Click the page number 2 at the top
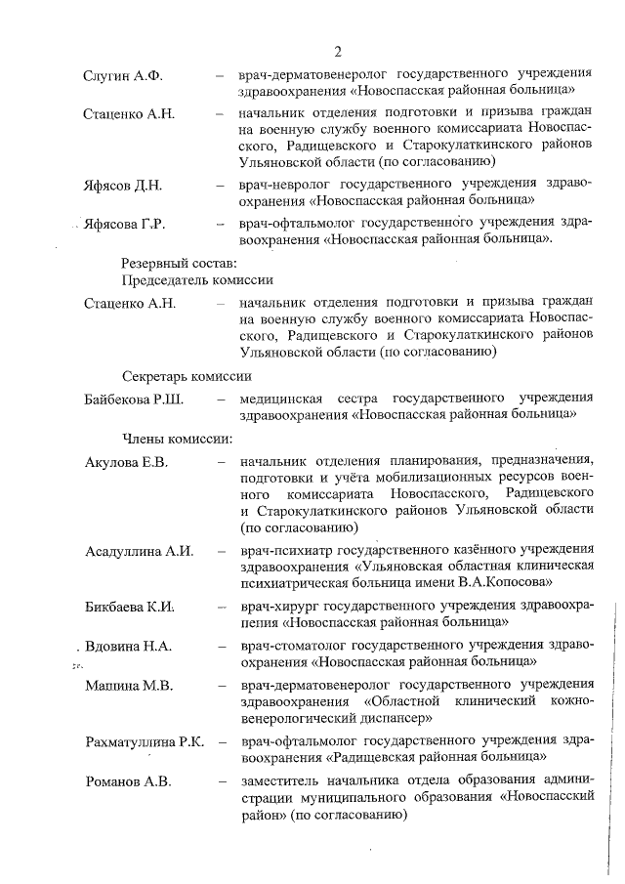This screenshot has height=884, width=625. pyautogui.click(x=337, y=52)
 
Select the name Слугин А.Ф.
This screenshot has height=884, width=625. pyautogui.click(x=123, y=75)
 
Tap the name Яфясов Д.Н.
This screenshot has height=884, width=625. pyautogui.click(x=123, y=185)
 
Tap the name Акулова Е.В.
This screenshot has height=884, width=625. pyautogui.click(x=128, y=461)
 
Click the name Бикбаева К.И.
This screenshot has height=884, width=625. pyautogui.click(x=130, y=607)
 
